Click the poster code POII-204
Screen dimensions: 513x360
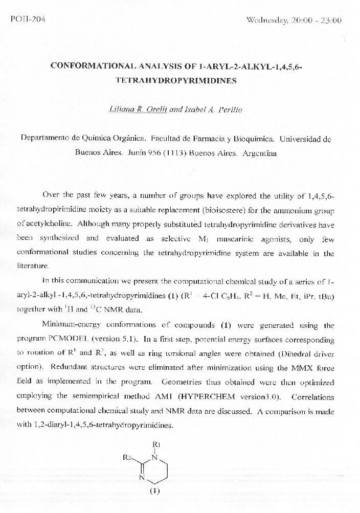coord(28,19)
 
